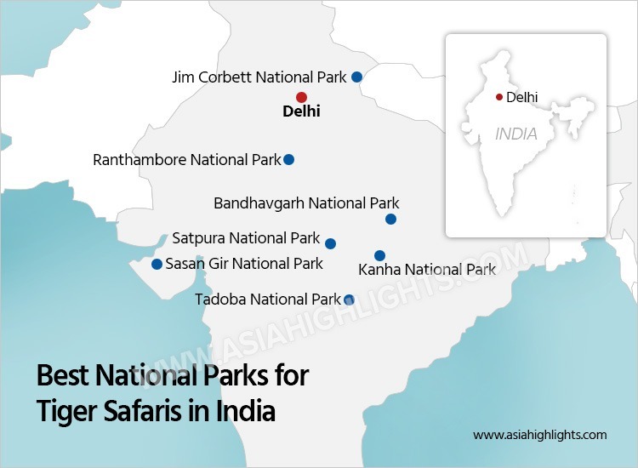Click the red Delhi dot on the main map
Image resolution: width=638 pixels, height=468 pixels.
tap(301, 97)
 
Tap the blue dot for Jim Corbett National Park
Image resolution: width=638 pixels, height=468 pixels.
tap(356, 77)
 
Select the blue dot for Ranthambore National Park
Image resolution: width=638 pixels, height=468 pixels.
tap(289, 159)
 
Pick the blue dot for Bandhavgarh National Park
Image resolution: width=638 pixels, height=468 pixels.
tap(390, 219)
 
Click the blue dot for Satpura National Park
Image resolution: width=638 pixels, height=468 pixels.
tap(330, 243)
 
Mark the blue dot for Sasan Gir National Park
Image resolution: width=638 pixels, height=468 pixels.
tap(157, 264)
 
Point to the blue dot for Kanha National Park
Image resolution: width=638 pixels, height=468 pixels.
tap(379, 255)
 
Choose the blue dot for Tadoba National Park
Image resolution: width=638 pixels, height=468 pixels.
tap(349, 300)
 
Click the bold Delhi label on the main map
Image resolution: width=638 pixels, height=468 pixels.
tap(301, 111)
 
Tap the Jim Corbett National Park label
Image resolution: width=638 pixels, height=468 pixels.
tap(259, 77)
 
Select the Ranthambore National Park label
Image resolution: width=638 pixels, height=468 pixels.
tap(187, 160)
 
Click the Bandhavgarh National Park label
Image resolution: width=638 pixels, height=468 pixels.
tap(306, 204)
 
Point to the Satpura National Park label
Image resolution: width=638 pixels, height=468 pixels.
tap(246, 238)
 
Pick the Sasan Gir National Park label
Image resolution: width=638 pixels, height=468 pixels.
tap(244, 264)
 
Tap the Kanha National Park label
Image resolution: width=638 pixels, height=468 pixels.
tap(427, 270)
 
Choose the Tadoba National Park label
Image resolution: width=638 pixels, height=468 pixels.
tap(268, 300)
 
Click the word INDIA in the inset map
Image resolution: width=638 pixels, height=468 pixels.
tap(516, 134)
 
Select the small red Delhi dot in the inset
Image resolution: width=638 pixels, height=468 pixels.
tap(498, 97)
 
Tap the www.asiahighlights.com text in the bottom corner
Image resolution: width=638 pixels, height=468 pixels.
tap(540, 435)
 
